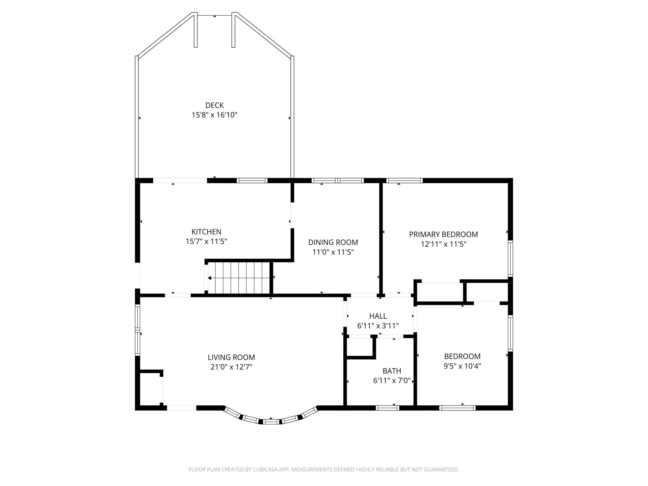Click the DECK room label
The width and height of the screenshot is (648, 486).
(214, 105)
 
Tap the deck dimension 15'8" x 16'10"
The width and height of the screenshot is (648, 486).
(214, 115)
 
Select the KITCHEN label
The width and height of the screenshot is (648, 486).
(206, 232)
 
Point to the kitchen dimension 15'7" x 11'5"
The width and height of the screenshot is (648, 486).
(206, 241)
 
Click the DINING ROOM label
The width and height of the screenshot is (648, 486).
(333, 242)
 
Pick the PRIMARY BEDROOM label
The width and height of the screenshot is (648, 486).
(443, 234)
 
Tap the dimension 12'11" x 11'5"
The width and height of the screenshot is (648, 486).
(443, 244)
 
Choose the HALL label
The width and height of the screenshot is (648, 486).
(378, 316)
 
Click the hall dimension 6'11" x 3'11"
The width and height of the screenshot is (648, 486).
(378, 326)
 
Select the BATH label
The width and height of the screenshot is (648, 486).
(392, 371)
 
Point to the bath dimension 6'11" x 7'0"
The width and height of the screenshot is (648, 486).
(392, 380)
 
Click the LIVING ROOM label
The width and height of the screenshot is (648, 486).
(231, 357)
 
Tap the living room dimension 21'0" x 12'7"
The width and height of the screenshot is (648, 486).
(231, 367)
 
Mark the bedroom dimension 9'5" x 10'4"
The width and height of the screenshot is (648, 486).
(462, 366)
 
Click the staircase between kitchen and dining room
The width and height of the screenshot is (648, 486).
(239, 278)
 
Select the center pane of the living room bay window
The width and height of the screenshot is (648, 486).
(270, 422)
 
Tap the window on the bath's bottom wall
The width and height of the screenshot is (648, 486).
(387, 408)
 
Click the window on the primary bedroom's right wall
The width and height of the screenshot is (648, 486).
(510, 258)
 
